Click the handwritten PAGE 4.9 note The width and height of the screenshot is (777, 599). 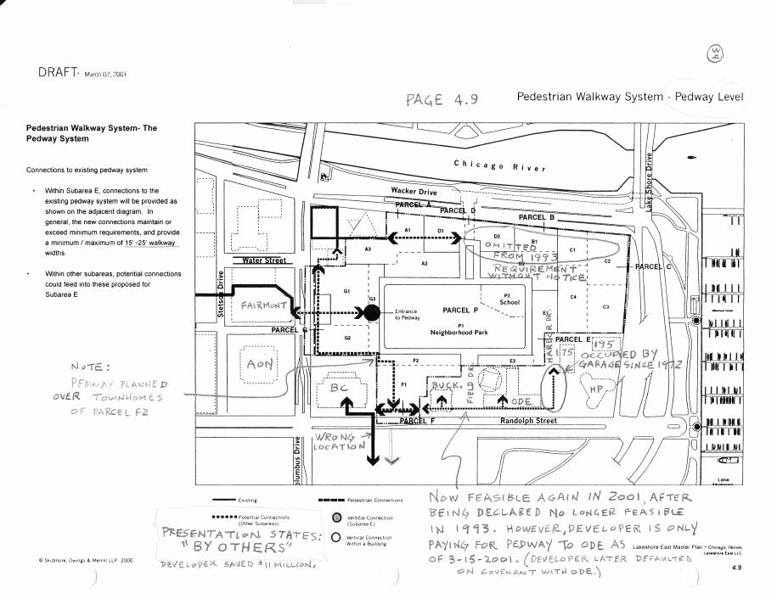[x=442, y=99]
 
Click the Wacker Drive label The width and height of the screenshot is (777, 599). [x=414, y=192]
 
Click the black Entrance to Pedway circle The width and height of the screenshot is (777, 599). [x=372, y=312]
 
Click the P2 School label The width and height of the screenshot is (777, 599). [x=510, y=299]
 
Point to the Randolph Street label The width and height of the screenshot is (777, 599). [x=528, y=421]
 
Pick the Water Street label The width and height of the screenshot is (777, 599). [x=264, y=260]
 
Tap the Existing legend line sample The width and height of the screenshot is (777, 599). [x=224, y=501]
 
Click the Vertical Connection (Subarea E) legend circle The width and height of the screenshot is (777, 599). [x=337, y=518]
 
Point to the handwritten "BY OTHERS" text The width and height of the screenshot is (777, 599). [x=239, y=547]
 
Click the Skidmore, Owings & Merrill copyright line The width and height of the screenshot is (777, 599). [x=75, y=561]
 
